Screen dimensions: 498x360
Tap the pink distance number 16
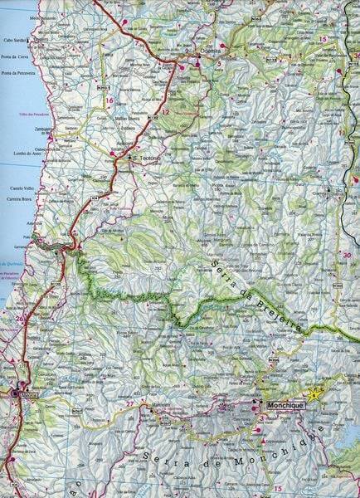click(x=109, y=100)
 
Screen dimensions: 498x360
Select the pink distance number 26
click(x=20, y=317)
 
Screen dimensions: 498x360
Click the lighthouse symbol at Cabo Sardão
click(x=37, y=37)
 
